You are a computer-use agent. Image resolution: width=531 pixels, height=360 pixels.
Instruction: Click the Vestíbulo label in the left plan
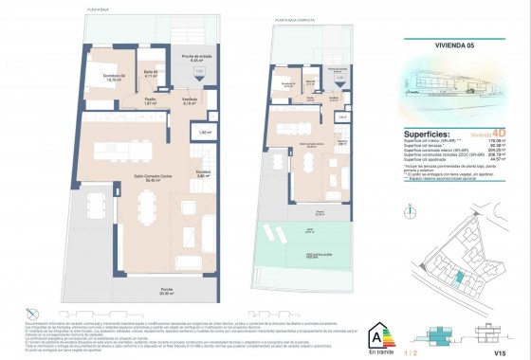tap(190, 100)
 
